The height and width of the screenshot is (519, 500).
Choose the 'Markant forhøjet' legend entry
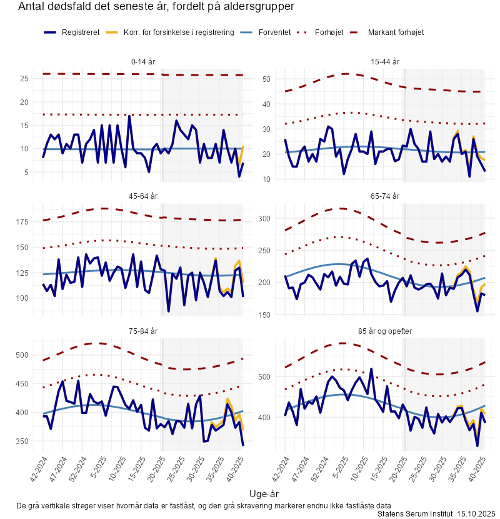click(x=396, y=32)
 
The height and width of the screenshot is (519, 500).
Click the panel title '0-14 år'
click(x=144, y=61)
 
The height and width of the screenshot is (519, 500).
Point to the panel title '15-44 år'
click(x=385, y=61)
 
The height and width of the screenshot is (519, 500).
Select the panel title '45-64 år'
click(x=144, y=196)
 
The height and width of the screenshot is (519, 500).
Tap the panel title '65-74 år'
click(x=385, y=196)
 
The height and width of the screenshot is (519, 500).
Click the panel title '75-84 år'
click(x=144, y=331)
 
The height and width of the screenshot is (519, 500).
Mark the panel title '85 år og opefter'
click(x=385, y=331)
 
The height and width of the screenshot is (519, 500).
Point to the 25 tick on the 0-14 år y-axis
click(x=24, y=79)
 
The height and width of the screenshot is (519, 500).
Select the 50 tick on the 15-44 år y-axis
click(x=266, y=79)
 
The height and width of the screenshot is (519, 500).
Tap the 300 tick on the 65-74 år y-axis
click(x=264, y=219)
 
